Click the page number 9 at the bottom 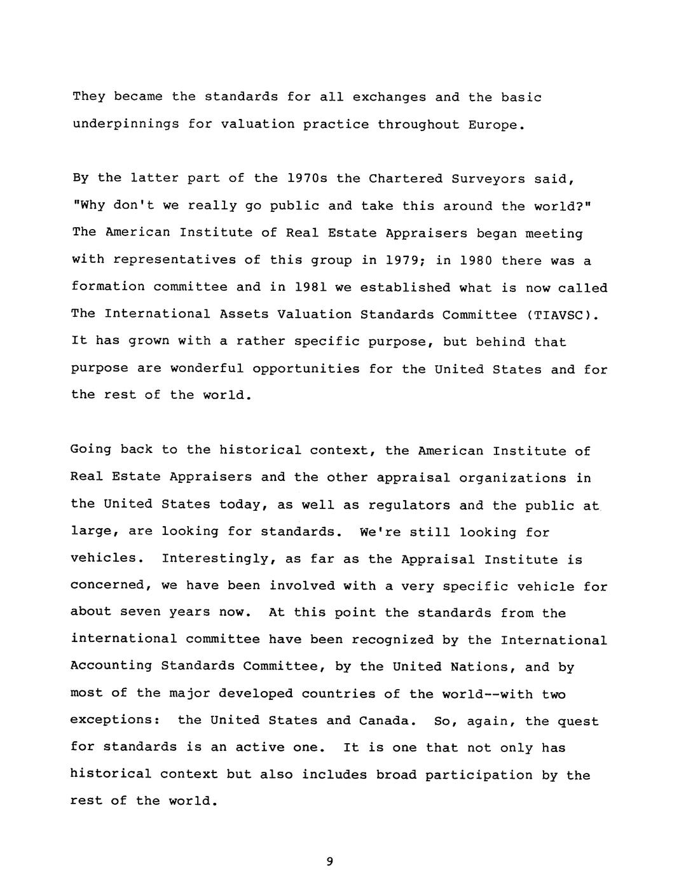329,862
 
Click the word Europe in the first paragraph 493,125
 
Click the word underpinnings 125,125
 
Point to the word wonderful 207,369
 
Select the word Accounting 111,666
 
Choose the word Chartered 406,179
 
